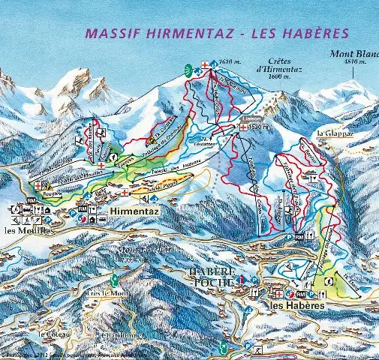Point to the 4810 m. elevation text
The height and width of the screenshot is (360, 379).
355,62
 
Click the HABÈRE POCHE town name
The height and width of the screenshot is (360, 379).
213,276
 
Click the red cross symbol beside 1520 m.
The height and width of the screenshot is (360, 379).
244,128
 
